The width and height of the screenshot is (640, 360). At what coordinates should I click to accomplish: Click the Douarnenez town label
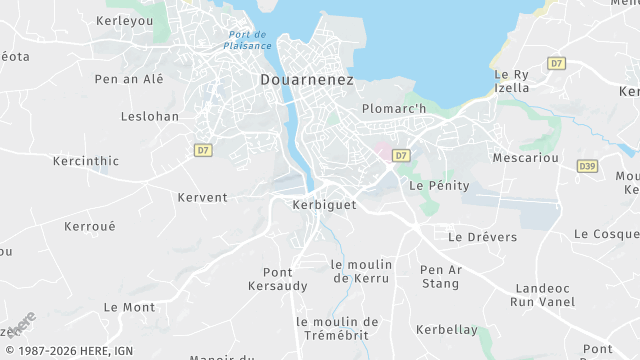306,79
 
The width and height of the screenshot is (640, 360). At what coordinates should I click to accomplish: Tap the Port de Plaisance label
247,40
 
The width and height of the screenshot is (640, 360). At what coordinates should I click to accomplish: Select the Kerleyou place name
126,20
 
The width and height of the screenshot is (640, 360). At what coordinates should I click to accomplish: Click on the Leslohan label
150,116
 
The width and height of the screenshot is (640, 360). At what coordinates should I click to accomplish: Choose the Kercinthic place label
85,160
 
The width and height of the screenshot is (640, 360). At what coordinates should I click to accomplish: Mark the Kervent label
202,197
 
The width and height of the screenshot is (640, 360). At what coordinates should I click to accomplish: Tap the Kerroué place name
90,226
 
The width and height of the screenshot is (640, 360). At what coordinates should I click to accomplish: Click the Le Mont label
129,307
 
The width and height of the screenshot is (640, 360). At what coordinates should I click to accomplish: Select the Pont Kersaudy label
271,279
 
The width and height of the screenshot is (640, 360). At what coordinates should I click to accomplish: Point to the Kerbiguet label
324,204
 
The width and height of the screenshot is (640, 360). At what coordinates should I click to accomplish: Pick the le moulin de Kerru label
361,271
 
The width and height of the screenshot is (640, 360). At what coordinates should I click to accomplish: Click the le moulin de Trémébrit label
337,328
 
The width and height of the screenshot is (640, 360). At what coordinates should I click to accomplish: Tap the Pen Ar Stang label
440,276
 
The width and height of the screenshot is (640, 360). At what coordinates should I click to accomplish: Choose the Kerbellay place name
446,329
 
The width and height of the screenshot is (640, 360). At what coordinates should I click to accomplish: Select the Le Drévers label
482,237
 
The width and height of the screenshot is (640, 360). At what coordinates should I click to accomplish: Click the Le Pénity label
432,185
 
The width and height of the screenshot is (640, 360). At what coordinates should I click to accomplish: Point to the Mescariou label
524,158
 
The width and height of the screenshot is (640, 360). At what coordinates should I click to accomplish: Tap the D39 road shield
587,166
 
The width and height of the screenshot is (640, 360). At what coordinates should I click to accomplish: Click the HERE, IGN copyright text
68,350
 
